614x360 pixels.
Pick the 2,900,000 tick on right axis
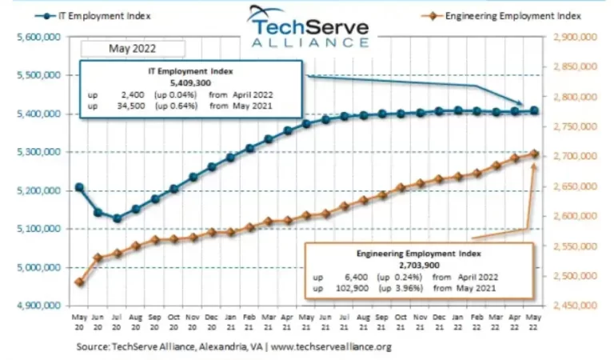(575, 37)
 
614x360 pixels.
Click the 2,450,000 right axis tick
(575, 306)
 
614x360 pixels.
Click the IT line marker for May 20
(79, 187)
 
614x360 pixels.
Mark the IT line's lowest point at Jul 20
(117, 218)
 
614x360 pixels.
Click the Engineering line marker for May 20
(79, 282)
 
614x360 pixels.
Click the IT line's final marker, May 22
(534, 110)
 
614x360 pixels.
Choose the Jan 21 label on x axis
(230, 322)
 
